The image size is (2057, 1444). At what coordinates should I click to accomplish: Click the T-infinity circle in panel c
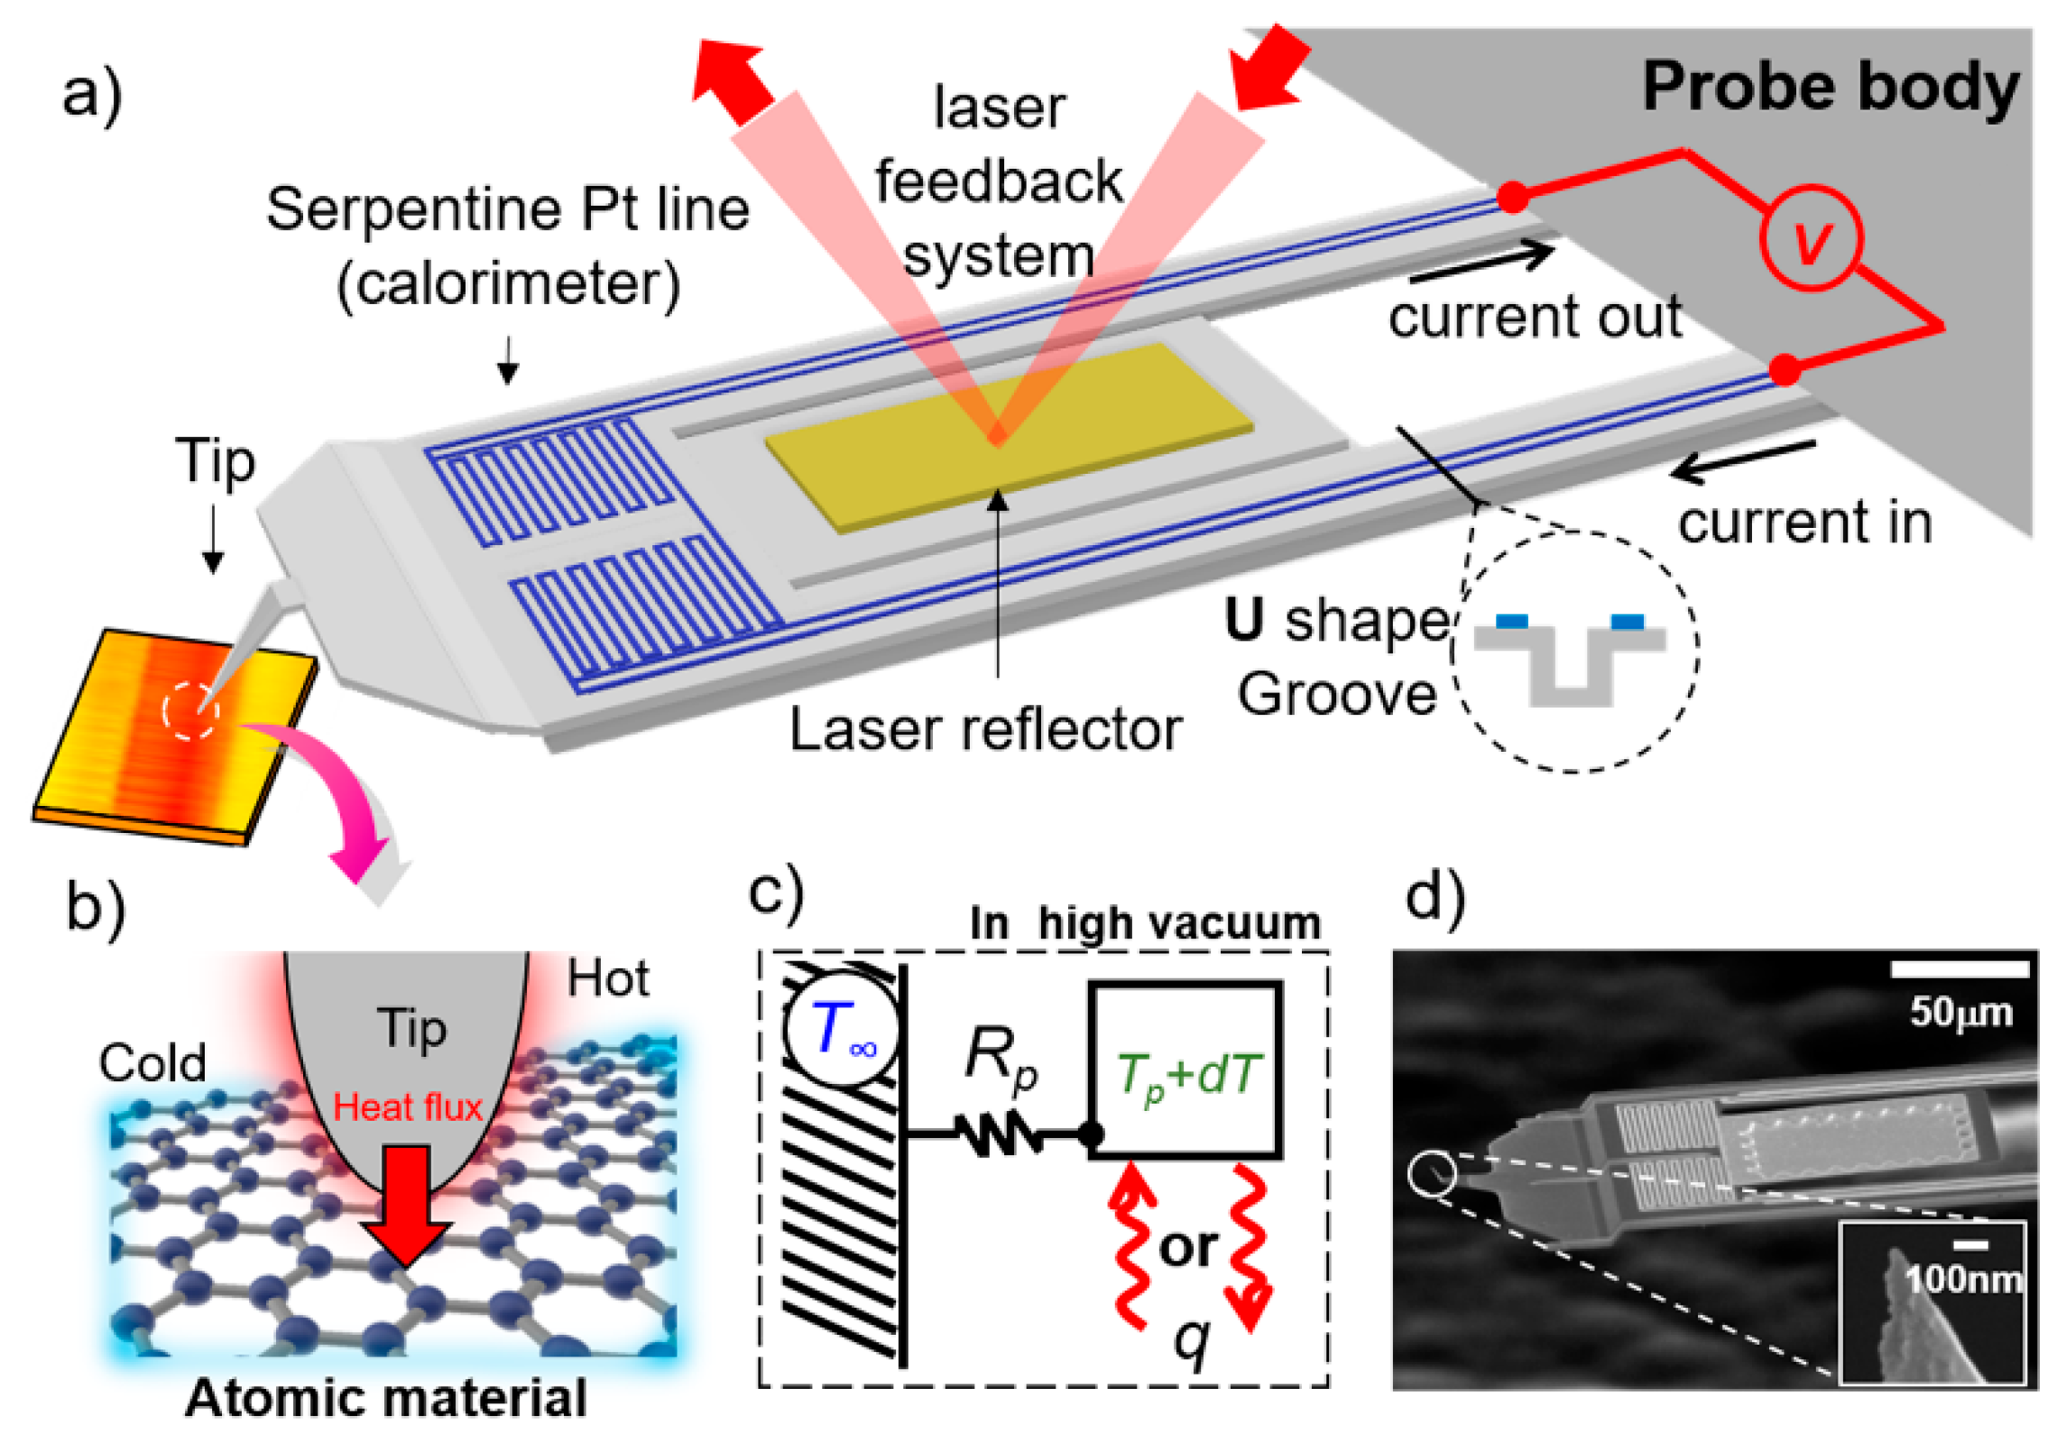pos(842,1029)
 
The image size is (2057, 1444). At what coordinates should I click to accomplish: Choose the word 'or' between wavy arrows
pos(1188,1248)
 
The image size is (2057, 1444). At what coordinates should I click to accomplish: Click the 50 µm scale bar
pos(1960,968)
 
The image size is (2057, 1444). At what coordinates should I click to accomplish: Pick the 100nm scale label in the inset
pos(1963,1278)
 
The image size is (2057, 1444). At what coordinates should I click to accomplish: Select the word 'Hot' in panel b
pos(608,978)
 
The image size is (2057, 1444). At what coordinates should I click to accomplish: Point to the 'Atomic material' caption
pos(386,1398)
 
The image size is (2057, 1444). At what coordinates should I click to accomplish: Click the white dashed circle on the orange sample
pos(190,709)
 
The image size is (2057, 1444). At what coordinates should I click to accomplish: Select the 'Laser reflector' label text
pos(985,729)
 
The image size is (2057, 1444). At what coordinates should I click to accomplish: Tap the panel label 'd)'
pos(1435,899)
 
